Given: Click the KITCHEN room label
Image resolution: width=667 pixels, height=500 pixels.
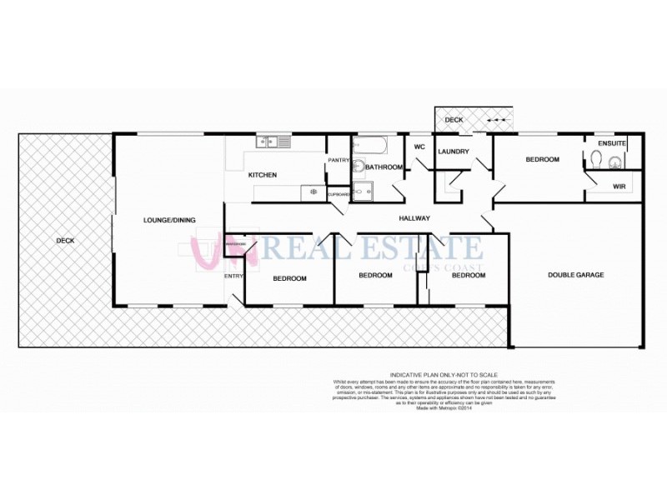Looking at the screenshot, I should (263, 175).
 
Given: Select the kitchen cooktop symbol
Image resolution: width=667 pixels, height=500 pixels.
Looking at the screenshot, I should (313, 192).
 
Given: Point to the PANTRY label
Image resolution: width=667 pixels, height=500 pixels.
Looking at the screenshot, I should (338, 160).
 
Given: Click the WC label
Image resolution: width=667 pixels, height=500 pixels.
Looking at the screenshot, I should (419, 147).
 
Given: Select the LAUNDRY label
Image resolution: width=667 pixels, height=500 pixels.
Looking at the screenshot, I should (454, 152).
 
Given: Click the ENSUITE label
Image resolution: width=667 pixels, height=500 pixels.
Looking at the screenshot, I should (612, 143).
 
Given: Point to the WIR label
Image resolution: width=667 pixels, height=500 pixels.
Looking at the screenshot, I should (619, 187).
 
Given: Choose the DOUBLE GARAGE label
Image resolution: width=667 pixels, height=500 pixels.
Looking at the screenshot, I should (575, 275).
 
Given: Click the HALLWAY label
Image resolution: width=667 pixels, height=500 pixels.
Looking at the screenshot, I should (414, 219).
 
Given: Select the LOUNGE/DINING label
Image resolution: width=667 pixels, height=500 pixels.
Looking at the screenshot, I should (169, 220).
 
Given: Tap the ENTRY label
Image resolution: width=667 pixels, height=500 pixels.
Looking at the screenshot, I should (233, 277).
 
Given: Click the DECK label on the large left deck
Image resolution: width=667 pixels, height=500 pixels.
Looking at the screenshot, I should (65, 241).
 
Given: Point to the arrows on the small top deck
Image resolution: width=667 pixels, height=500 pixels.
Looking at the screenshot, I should (495, 121).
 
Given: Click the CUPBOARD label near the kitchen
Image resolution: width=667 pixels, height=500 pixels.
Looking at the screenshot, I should (339, 194).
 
